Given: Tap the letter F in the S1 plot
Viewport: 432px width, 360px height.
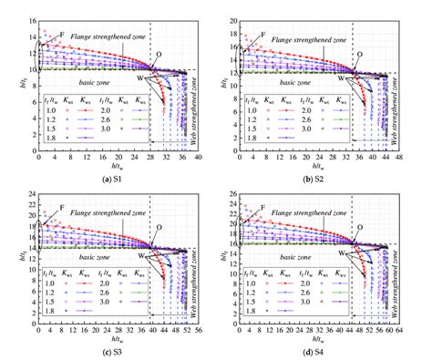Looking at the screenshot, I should tap(62, 35).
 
